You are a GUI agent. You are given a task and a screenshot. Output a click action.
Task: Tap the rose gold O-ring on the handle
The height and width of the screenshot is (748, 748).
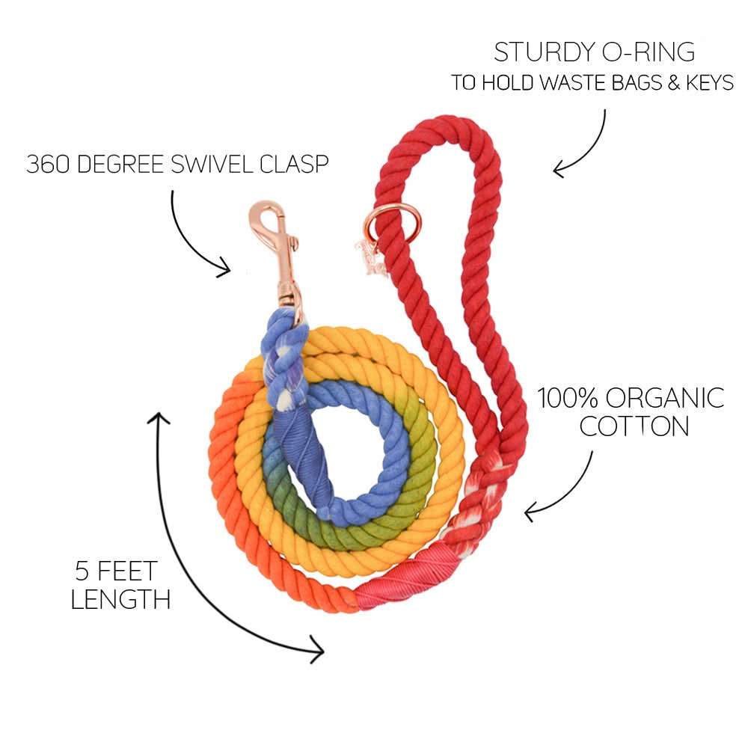click(x=387, y=217)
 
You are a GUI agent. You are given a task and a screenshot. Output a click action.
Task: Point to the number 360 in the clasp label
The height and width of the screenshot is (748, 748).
click(x=46, y=165)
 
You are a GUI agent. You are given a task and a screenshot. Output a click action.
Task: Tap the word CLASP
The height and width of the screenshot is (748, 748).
click(x=295, y=165)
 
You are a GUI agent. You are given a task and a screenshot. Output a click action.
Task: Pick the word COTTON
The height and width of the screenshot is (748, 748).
click(x=634, y=426)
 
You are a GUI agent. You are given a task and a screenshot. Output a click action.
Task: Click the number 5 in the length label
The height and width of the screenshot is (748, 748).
click(x=83, y=572)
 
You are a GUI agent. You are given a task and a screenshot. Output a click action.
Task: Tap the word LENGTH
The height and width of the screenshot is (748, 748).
click(x=120, y=599)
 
